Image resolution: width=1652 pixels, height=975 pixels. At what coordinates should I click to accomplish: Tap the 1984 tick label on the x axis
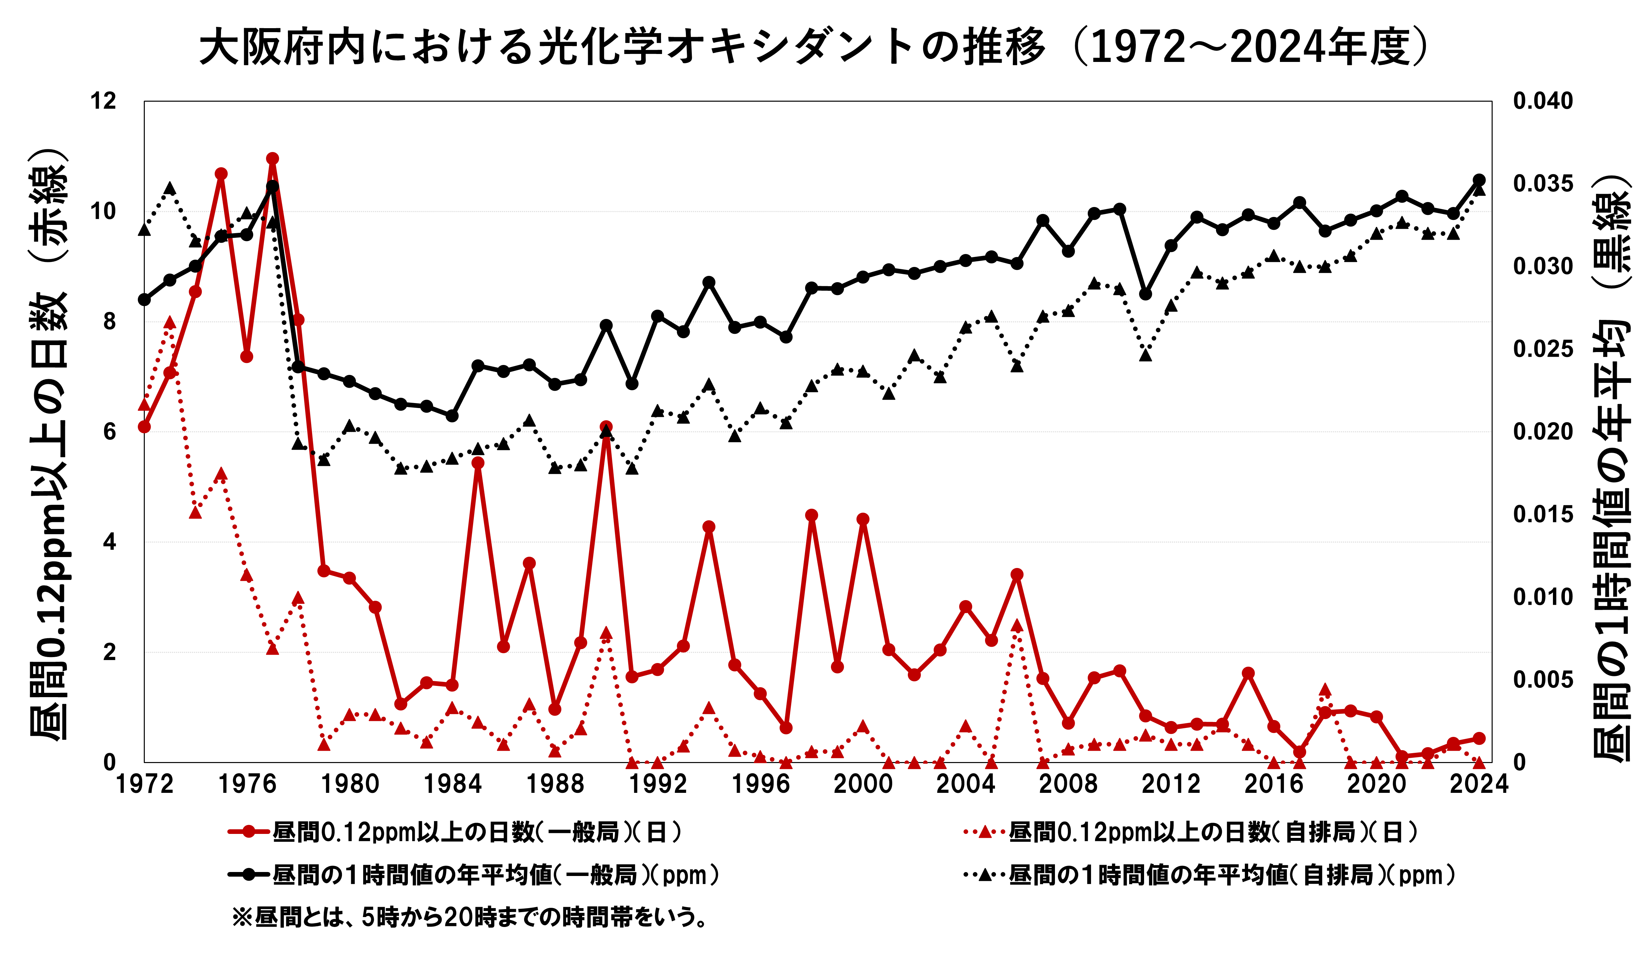click(452, 784)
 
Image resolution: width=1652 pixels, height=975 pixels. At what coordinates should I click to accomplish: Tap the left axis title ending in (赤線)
click(47, 445)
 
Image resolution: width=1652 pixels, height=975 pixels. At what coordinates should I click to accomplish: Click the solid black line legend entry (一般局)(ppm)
click(473, 875)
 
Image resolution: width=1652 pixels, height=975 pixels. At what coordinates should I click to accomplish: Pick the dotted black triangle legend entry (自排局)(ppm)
click(1209, 875)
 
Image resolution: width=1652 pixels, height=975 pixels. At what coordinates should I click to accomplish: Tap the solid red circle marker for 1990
click(606, 427)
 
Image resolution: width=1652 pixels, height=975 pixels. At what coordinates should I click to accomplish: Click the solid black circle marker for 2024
click(1479, 180)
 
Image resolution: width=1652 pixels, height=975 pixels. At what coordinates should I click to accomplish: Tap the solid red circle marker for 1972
click(144, 427)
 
